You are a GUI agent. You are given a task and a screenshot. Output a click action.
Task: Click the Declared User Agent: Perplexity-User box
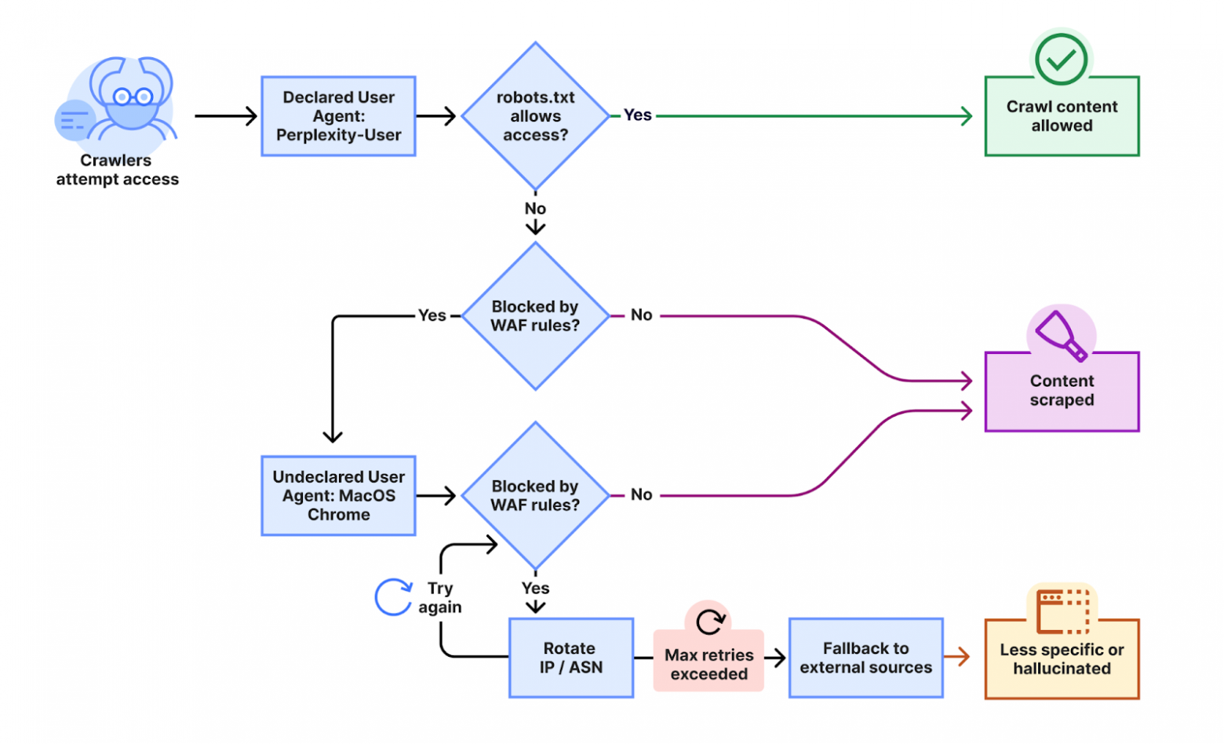338,116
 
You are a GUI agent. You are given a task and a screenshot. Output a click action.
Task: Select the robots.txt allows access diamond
535,116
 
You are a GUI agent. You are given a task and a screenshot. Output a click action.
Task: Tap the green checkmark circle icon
1061,59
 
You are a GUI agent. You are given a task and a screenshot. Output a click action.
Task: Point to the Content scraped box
1062,391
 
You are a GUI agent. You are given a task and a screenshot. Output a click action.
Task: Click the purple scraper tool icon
1061,335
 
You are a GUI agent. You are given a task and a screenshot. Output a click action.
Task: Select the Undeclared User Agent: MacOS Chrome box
338,496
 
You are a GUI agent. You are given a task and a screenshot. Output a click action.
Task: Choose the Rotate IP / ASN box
570,658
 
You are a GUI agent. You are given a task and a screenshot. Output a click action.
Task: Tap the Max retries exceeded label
709,664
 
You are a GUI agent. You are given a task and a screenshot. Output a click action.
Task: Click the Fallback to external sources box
865,658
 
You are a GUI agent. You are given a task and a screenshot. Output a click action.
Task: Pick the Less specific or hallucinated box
1062,659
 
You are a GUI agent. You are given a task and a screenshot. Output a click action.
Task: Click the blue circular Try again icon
393,597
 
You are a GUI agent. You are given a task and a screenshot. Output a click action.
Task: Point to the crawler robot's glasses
133,97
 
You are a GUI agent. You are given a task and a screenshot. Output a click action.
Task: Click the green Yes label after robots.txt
637,115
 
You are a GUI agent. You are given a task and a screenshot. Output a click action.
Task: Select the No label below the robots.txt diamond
535,209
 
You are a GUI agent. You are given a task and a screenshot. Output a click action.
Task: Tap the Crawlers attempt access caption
117,170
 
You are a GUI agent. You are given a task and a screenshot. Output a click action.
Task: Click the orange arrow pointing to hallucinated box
957,657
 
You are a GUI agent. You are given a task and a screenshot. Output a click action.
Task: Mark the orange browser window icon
1062,611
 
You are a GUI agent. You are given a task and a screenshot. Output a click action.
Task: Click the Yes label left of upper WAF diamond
432,315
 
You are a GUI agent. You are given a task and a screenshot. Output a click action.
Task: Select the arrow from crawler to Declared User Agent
225,116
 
